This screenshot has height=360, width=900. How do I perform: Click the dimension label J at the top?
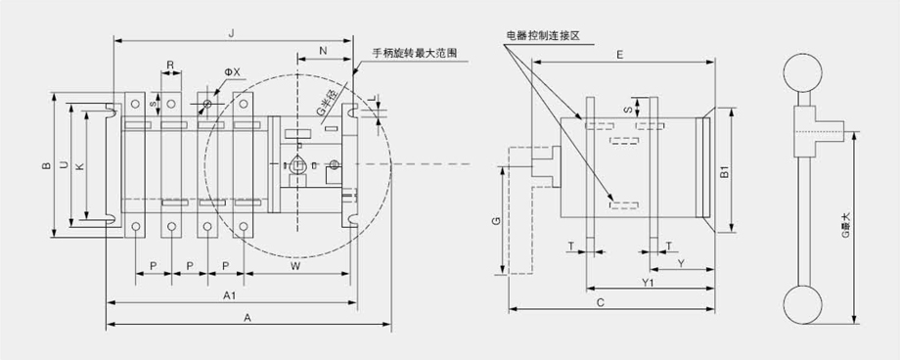click(231, 34)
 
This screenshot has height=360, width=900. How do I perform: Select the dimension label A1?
click(231, 295)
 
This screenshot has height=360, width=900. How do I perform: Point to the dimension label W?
click(295, 266)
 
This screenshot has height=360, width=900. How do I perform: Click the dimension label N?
click(323, 51)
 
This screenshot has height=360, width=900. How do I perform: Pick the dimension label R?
click(170, 65)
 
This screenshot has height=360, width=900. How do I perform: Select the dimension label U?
click(64, 165)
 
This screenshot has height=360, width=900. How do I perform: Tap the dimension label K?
click(80, 166)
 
